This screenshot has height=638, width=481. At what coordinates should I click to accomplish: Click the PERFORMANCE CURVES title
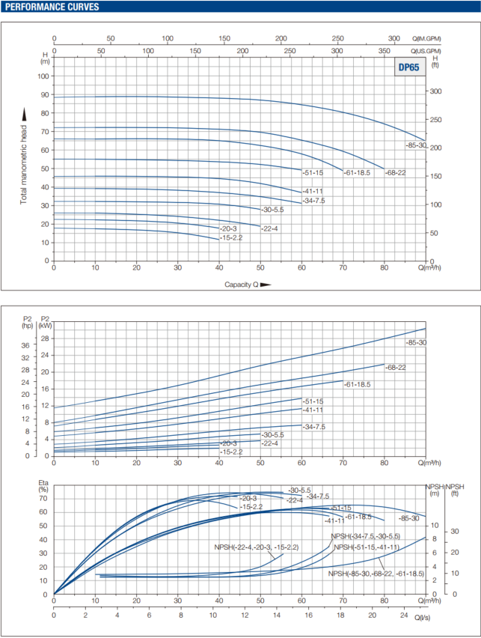pos(51,7)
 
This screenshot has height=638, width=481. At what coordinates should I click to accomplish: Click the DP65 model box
pos(408,67)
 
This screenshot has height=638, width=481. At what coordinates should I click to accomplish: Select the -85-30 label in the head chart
pos(416,145)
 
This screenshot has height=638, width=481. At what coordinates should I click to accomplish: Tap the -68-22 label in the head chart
pos(396,173)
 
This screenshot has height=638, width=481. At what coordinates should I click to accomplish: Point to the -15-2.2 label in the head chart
pos(231,238)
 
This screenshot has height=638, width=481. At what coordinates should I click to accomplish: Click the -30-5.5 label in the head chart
pos(272,210)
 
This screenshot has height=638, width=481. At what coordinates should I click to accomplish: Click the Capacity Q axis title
pos(241,285)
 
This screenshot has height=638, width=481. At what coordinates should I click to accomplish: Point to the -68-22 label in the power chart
pos(396,368)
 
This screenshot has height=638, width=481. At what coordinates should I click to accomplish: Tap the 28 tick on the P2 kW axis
pos(44,338)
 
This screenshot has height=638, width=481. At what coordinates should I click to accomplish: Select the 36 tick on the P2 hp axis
pos(24,346)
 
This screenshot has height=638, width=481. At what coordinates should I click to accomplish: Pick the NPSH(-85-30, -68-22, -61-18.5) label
pos(376,574)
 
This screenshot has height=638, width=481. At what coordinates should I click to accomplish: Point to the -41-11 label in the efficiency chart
pos(334,520)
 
